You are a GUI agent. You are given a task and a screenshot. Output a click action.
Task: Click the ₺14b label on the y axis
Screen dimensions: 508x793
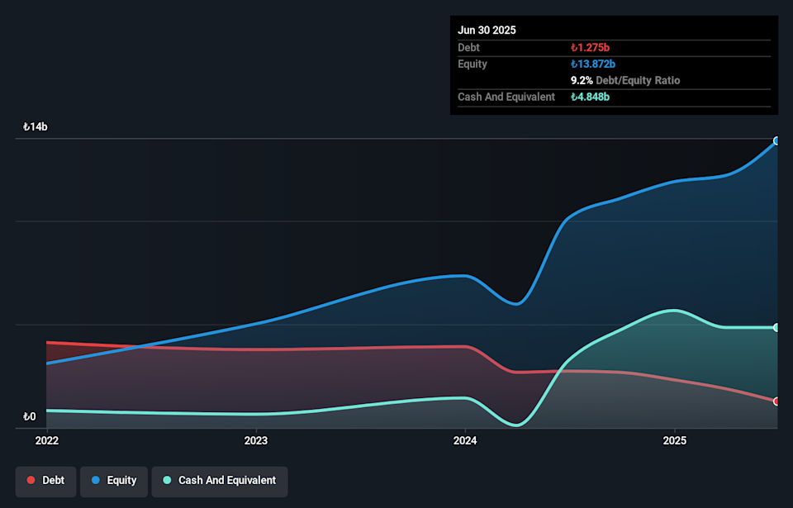click(x=36, y=127)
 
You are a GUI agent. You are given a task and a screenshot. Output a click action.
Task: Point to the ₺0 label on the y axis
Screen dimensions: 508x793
click(x=31, y=416)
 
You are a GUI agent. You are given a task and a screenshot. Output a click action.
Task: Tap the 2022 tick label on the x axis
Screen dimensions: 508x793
click(x=47, y=440)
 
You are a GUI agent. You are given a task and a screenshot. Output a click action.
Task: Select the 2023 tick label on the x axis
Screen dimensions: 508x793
click(x=256, y=440)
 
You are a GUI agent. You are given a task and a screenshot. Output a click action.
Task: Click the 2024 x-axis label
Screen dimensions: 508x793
click(x=465, y=440)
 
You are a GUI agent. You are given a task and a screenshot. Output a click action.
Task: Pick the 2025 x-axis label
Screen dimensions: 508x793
click(x=675, y=440)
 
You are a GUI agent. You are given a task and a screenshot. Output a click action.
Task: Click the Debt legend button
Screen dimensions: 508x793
click(x=45, y=481)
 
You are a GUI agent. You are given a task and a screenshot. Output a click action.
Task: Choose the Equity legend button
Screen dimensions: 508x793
click(x=113, y=481)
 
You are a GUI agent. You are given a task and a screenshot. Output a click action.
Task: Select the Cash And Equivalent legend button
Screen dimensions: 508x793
click(x=219, y=481)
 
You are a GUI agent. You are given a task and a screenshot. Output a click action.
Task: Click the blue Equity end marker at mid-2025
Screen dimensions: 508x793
click(x=776, y=141)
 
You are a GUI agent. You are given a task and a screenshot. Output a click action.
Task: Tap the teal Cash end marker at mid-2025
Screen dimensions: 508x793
click(x=776, y=328)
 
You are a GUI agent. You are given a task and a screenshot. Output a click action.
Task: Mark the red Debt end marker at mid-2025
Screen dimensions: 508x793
click(x=776, y=401)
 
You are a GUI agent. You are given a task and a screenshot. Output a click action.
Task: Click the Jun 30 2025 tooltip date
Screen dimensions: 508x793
click(x=487, y=30)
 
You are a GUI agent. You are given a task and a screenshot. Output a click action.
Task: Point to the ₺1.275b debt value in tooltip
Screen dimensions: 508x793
click(x=590, y=48)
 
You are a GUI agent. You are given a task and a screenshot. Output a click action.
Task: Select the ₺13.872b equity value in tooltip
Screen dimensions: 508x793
click(x=593, y=64)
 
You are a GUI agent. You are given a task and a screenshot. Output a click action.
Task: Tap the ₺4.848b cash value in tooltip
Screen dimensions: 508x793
click(x=590, y=97)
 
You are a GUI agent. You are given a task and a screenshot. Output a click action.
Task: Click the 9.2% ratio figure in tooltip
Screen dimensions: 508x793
click(x=580, y=81)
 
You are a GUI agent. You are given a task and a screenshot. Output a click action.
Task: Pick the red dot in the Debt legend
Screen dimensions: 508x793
click(x=31, y=481)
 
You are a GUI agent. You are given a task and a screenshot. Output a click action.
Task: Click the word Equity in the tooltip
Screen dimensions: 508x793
click(x=472, y=64)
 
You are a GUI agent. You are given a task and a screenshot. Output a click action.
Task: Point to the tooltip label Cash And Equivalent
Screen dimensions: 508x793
click(x=506, y=97)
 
